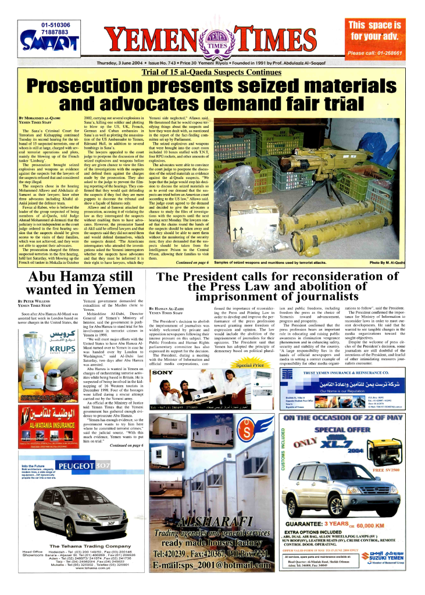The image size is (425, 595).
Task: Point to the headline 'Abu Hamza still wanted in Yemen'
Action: point(75,283)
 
